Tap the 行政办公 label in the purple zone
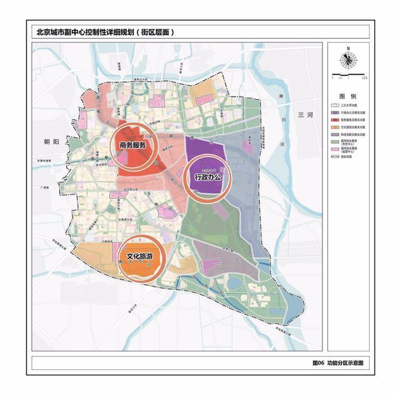point(208,177)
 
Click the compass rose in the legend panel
point(348,60)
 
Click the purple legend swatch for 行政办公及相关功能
point(336,112)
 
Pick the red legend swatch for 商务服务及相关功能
point(336,119)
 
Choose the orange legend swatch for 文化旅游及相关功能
point(336,127)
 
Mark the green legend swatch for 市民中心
point(336,142)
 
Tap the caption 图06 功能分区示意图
point(338,363)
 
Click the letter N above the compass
point(348,50)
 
